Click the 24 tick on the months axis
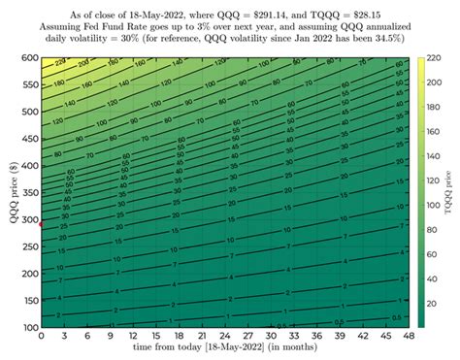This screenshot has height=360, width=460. point(224,337)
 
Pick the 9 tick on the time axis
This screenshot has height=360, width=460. point(109,337)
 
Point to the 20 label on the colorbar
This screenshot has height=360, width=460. point(433,305)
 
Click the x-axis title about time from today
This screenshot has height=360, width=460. point(224,348)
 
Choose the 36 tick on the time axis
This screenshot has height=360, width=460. point(316,337)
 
